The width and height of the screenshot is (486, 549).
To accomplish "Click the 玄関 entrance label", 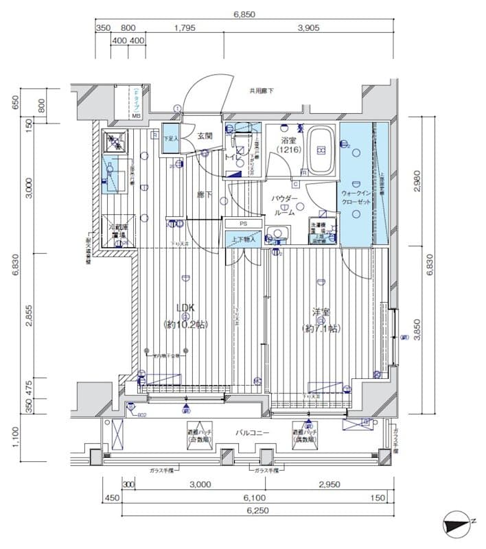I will click(205, 136).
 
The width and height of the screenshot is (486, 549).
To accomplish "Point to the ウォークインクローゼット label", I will click(356, 198).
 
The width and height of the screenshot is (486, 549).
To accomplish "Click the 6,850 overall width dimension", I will click(244, 13).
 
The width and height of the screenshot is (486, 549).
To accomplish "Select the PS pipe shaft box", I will click(243, 224).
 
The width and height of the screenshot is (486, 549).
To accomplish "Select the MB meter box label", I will click(136, 116).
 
